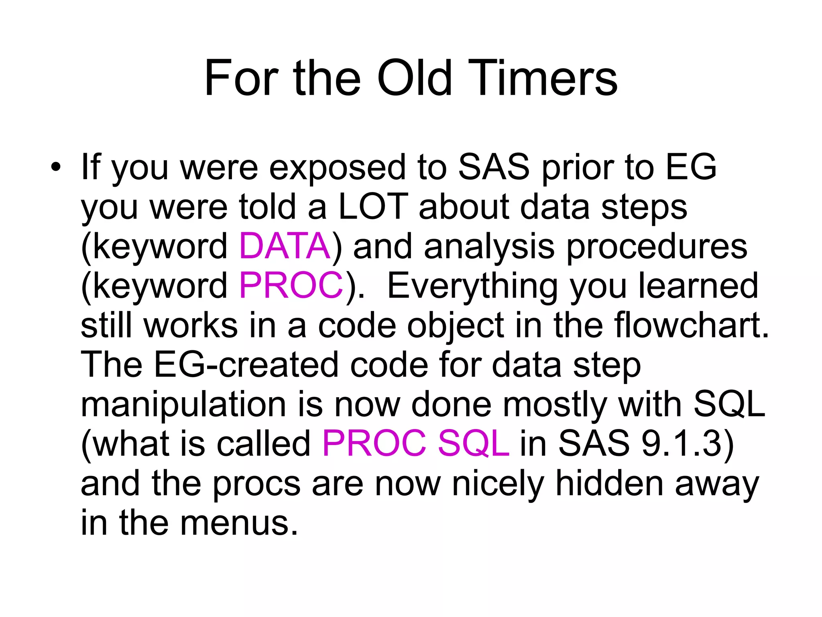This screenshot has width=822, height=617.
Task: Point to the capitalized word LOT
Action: (373, 207)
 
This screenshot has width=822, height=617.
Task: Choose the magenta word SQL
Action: (473, 443)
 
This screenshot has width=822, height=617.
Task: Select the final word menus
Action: (239, 522)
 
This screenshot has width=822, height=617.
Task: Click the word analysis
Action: (489, 247)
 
